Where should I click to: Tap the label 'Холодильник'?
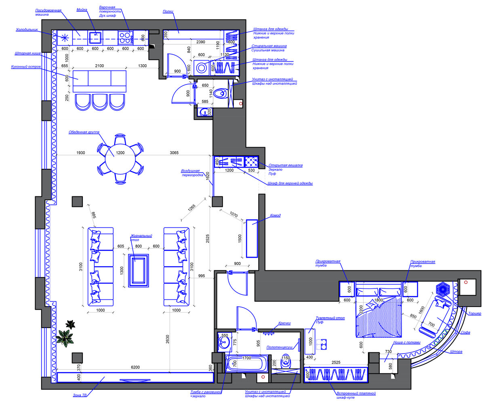[x=27, y=30]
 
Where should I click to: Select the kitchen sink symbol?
[x=95, y=38]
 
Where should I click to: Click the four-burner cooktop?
[x=125, y=38]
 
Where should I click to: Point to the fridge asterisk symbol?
[x=65, y=38]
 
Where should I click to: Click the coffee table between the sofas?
[x=139, y=270]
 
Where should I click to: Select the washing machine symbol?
[x=201, y=68]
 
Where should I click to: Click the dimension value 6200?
[x=135, y=367]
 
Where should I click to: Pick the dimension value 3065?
[x=174, y=153]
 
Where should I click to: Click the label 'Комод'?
[x=275, y=215]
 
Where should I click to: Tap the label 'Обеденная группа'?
[x=84, y=132]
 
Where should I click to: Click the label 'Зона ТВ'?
[x=80, y=395]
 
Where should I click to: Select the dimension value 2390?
[x=200, y=42]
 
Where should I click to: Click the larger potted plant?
[x=65, y=338]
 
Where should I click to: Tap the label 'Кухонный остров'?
[x=26, y=67]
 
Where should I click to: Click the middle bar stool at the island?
[x=99, y=102]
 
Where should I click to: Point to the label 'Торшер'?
[x=475, y=314]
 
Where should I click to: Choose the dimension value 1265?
[x=191, y=208]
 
